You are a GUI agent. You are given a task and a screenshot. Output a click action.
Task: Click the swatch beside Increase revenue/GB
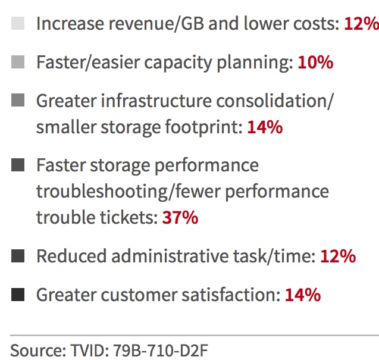(x=18, y=24)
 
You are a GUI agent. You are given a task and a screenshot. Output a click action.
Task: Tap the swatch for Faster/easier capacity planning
(x=18, y=62)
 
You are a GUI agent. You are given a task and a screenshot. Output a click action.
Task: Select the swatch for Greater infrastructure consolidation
(x=18, y=101)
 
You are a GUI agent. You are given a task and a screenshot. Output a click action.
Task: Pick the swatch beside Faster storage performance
(x=18, y=165)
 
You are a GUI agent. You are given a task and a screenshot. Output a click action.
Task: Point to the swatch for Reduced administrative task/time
(x=18, y=256)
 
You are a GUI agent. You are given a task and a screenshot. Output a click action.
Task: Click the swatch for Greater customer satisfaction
(x=18, y=295)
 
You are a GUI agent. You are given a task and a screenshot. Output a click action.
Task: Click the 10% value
(x=315, y=62)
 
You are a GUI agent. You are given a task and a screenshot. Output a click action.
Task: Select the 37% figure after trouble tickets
(x=180, y=218)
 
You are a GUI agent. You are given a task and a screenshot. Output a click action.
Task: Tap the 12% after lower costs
(x=361, y=24)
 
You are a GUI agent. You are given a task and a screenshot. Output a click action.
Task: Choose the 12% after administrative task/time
(x=338, y=256)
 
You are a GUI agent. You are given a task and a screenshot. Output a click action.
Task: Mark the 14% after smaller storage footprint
(x=264, y=127)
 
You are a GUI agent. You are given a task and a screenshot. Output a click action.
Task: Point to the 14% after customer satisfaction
(x=303, y=295)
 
